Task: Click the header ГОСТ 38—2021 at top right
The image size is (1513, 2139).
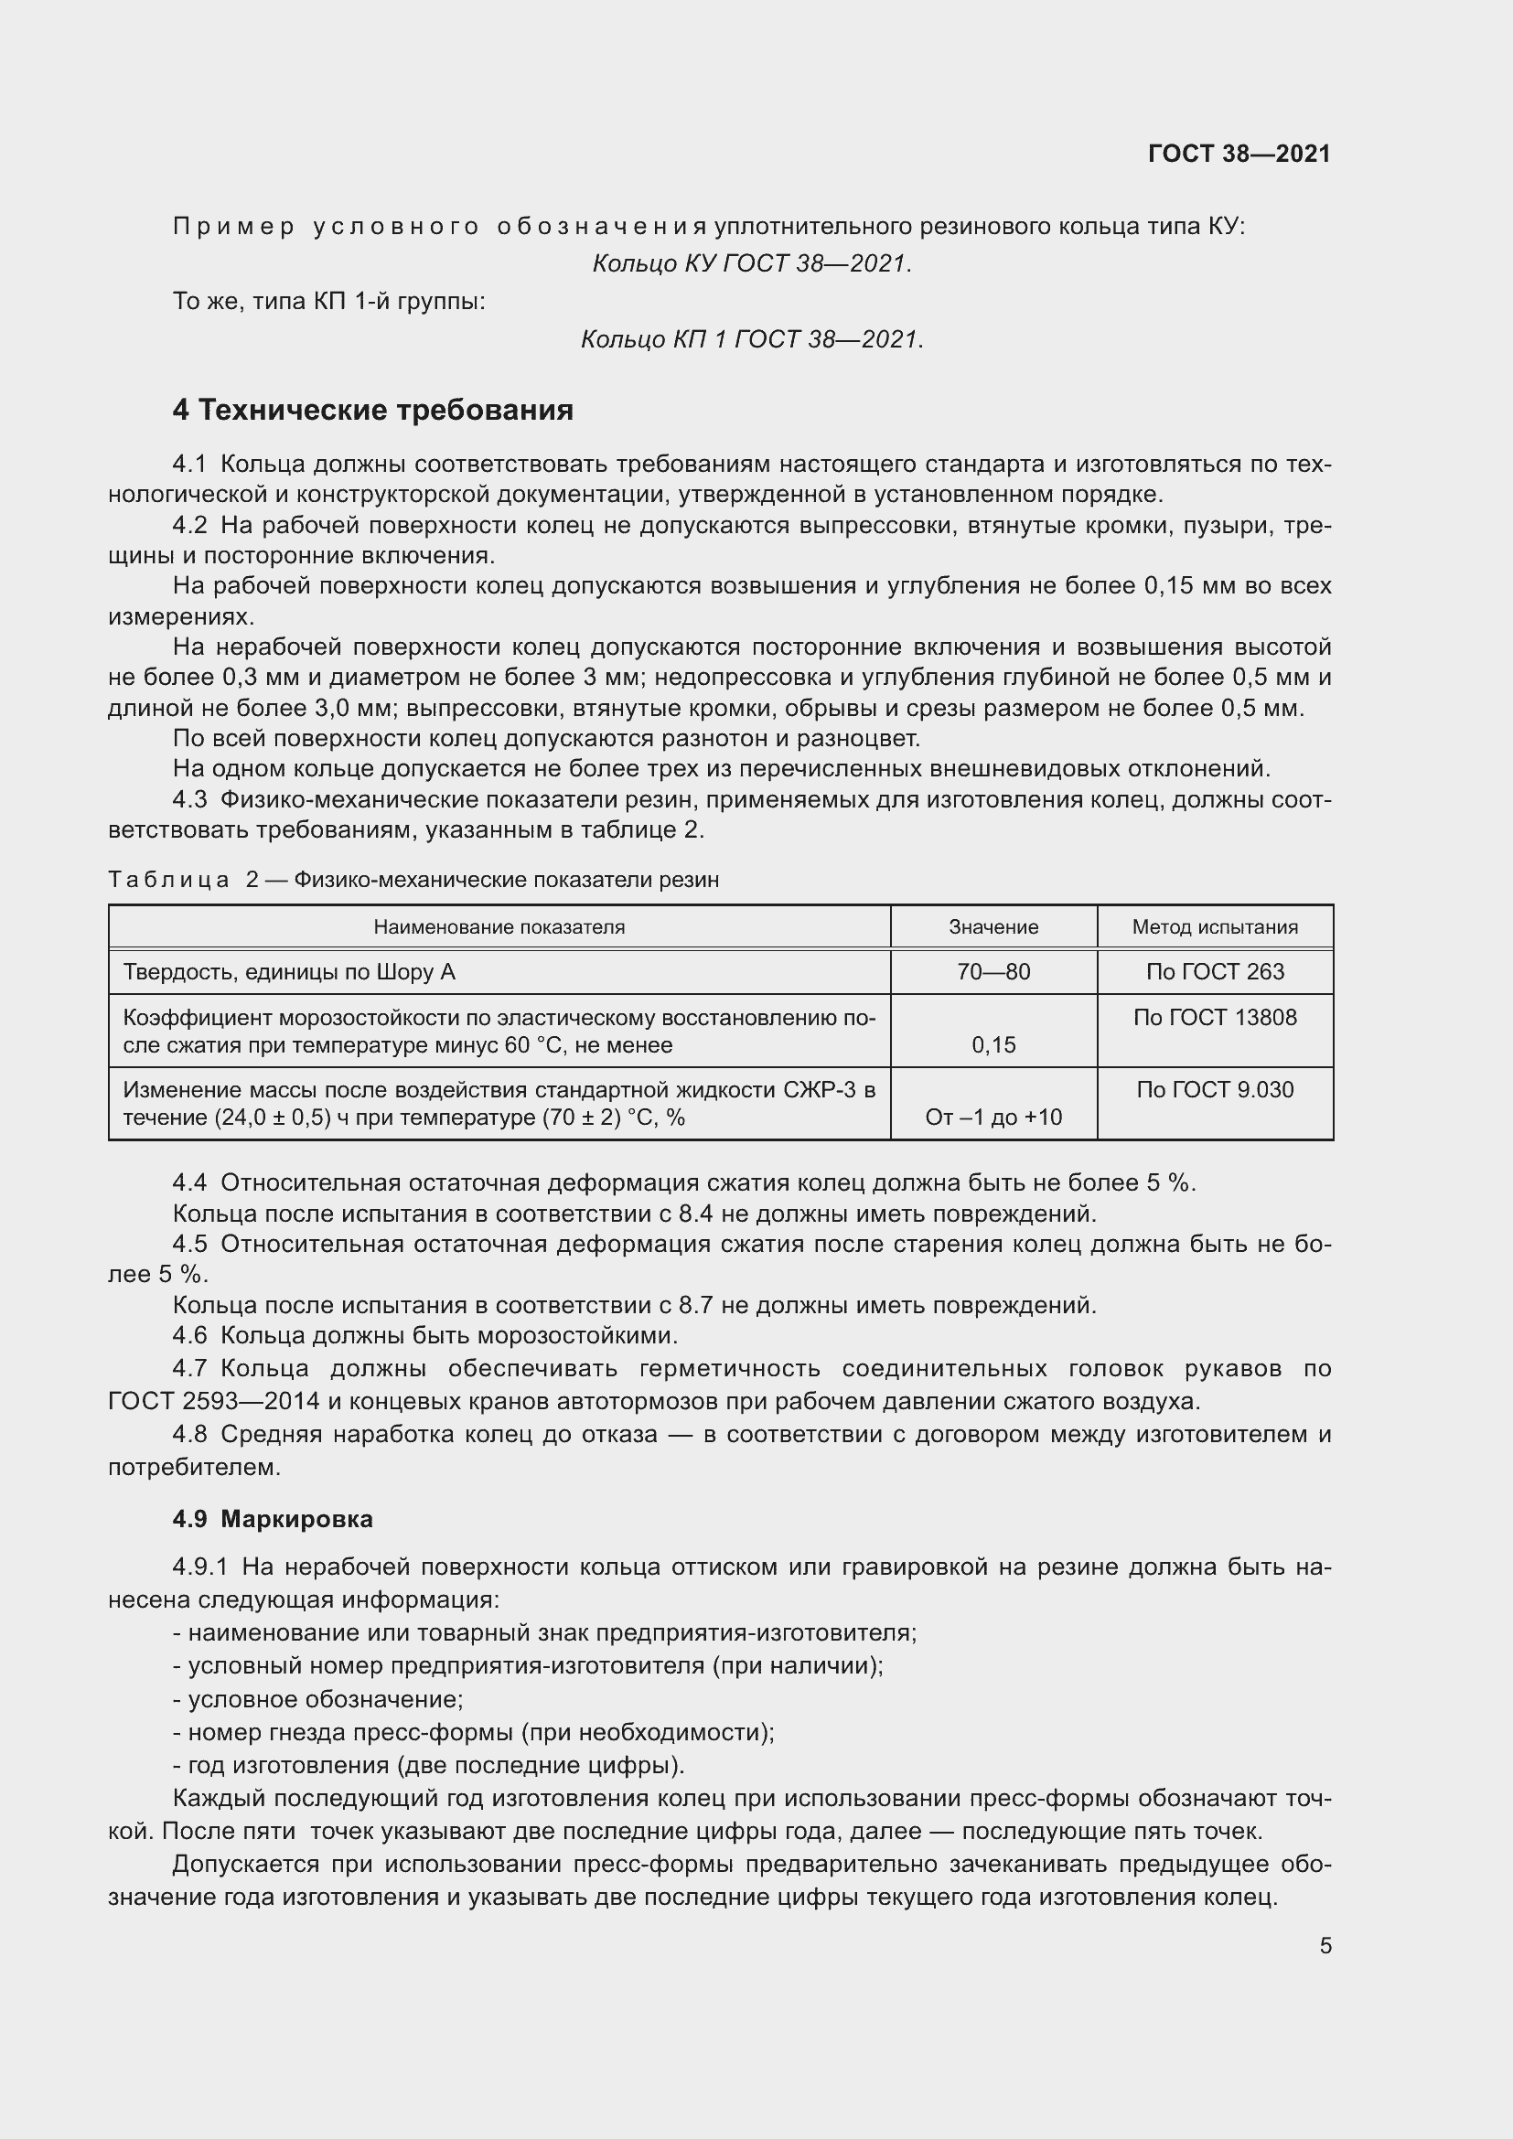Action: pos(1239,154)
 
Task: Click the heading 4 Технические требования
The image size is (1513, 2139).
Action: pos(372,410)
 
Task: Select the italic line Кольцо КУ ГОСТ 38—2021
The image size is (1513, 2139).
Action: pos(752,264)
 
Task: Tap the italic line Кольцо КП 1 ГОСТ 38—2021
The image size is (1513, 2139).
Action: pos(752,339)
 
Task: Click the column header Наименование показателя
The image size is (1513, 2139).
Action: pos(499,927)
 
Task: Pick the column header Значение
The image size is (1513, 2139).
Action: pos(993,927)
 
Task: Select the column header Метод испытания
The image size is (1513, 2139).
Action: pos(1215,927)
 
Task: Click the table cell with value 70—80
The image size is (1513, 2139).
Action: pos(993,972)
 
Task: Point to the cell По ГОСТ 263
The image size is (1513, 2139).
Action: pos(1215,972)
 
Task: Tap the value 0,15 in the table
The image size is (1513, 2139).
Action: pos(993,1044)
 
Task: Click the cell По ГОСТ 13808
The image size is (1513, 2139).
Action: pos(1215,1017)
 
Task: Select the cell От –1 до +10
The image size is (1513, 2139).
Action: pos(993,1117)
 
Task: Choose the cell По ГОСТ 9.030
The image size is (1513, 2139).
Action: pos(1215,1090)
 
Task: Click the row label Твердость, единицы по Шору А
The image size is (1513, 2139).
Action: pos(290,972)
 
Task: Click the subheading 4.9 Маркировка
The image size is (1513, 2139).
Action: pos(272,1519)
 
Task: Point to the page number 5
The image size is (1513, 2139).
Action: pos(1325,1945)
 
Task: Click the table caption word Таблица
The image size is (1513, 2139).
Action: pos(168,880)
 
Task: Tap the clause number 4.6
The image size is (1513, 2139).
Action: pos(190,1336)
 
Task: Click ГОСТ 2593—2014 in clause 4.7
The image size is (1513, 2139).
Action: pos(214,1401)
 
